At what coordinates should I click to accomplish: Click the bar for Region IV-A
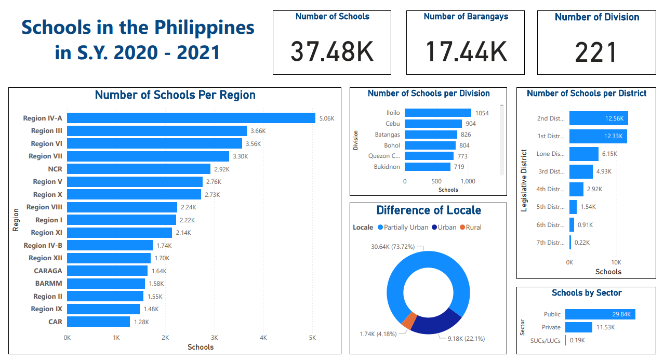191,118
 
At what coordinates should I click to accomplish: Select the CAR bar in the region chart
99,322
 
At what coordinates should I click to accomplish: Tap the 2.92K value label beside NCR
221,169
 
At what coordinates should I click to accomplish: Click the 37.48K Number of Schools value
331,51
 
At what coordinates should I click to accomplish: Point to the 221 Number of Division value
596,52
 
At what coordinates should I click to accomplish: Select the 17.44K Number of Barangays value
466,51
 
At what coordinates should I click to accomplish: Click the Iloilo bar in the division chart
437,113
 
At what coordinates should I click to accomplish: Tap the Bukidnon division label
387,167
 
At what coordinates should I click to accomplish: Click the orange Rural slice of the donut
409,321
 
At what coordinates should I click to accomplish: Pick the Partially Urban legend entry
403,228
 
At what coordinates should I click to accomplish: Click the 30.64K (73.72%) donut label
393,247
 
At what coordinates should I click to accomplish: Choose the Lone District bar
583,154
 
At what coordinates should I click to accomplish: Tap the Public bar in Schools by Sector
600,314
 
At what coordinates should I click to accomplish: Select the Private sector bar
578,327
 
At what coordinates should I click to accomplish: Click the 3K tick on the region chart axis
214,338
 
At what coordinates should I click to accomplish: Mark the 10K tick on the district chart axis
616,262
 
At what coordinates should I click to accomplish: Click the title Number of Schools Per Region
175,95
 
